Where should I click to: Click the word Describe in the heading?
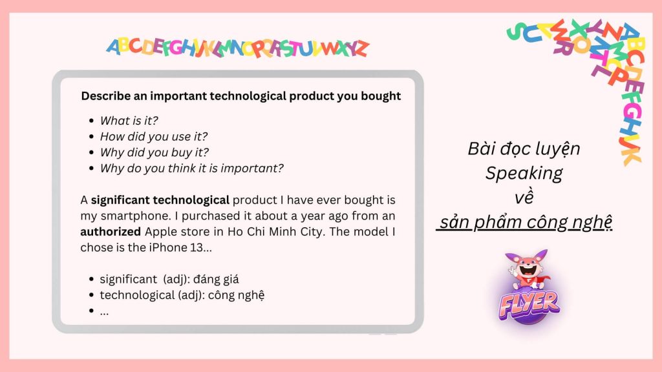[106, 96]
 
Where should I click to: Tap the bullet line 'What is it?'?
[129, 121]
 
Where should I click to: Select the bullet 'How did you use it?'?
[154, 137]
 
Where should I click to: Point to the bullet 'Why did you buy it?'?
[154, 152]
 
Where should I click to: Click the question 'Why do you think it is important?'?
[191, 169]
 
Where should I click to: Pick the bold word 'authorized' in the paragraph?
[111, 232]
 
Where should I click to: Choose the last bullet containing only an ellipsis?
[104, 312]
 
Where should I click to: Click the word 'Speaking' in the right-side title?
[524, 173]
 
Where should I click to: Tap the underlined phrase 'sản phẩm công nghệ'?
[525, 222]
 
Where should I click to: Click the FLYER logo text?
[529, 305]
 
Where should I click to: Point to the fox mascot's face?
[528, 267]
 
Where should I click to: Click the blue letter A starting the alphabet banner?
[114, 46]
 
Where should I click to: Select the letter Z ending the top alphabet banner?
[361, 48]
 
